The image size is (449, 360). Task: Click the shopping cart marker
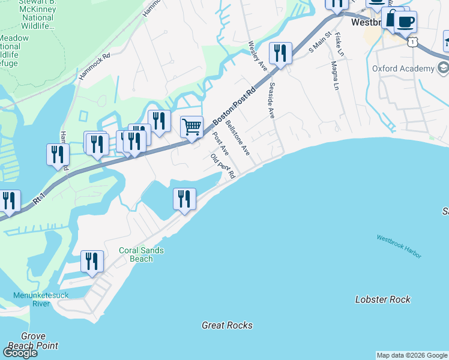pos(191,127)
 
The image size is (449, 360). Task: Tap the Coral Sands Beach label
pos(142,255)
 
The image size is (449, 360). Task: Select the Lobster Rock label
pos(382,299)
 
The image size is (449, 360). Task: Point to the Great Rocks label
pos(227,325)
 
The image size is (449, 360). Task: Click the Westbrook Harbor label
pos(399,246)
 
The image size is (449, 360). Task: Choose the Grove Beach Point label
pos(40,341)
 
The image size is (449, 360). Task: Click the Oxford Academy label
pos(403,68)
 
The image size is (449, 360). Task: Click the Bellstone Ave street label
pos(238,138)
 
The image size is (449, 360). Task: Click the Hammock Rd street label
pos(95,67)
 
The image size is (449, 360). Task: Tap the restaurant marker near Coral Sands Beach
pos(92,261)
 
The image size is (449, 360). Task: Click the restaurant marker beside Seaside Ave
pos(280,53)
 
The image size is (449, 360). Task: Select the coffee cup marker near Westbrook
pos(405,22)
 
